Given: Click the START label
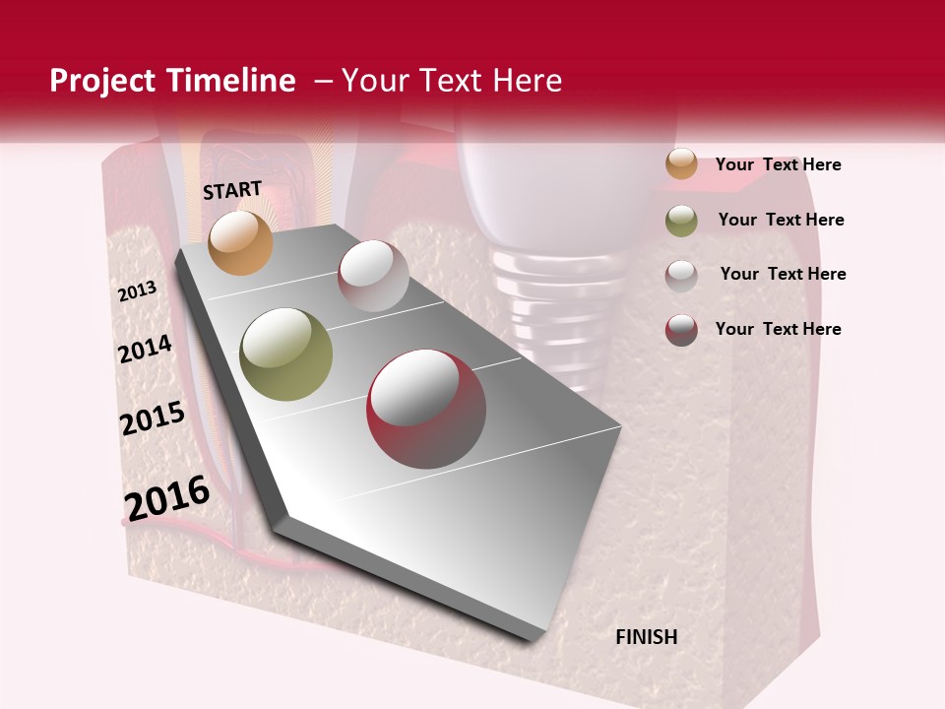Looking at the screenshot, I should [x=232, y=190].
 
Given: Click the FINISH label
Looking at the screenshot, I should [x=647, y=637].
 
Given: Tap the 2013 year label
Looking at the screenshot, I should [x=138, y=290].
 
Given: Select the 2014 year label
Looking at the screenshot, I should [x=146, y=349].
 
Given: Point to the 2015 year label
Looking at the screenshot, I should [x=153, y=419].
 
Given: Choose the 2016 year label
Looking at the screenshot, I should [x=167, y=497].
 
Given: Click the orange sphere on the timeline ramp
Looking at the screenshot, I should [x=240, y=242].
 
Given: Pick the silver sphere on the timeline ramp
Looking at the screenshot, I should [x=373, y=276].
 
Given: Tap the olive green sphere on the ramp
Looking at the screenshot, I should [x=286, y=354].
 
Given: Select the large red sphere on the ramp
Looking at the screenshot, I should [x=426, y=409].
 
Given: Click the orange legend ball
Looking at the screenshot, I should [x=681, y=163].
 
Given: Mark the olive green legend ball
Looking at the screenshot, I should [x=681, y=221].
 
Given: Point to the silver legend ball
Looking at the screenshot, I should [x=681, y=276].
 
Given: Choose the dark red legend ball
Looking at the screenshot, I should [x=681, y=330].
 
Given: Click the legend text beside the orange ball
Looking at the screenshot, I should [x=778, y=164].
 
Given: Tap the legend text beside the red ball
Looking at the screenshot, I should [x=778, y=329].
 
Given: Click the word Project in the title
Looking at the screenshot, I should [x=101, y=81].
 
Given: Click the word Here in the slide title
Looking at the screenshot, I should [x=527, y=81].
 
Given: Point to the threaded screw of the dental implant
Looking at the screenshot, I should [x=557, y=295].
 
